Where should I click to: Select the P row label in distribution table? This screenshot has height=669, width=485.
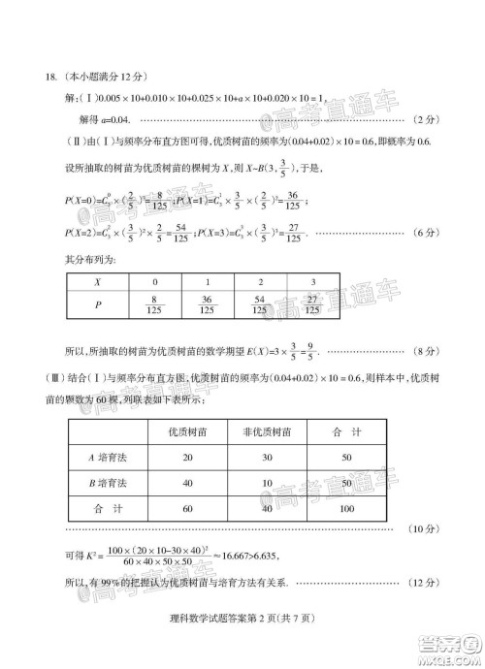96,305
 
